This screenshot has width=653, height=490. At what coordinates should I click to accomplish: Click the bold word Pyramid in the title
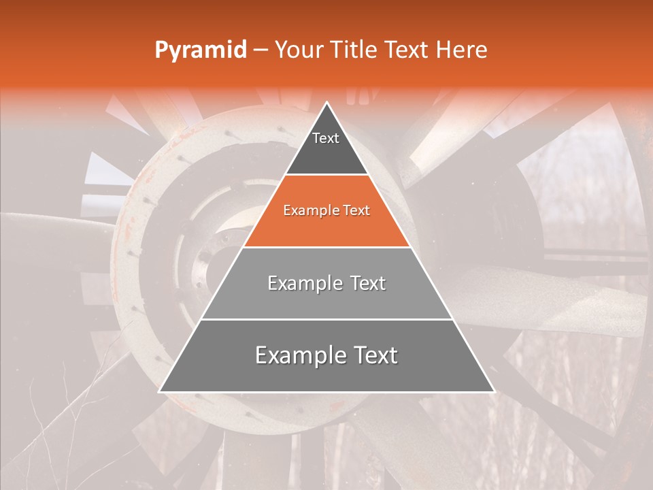click(200, 50)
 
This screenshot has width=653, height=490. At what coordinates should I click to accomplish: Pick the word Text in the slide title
click(408, 50)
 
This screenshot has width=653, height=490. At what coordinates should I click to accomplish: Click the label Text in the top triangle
click(326, 138)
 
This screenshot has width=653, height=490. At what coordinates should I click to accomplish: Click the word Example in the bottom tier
click(299, 355)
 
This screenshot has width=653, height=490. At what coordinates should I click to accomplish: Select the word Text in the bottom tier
click(373, 355)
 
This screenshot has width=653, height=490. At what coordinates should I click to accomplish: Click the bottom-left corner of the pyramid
click(160, 391)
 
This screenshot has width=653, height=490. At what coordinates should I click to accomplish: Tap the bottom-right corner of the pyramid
click(494, 391)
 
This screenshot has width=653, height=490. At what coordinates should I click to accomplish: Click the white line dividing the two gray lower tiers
click(326, 319)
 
